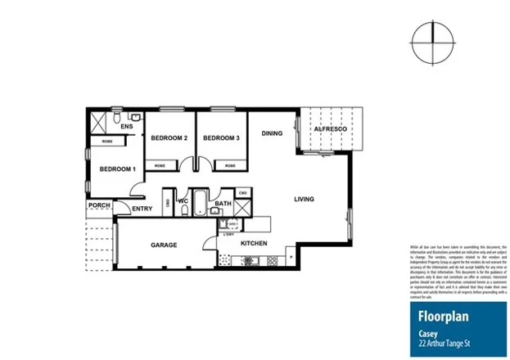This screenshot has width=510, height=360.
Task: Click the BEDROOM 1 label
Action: (x=117, y=169)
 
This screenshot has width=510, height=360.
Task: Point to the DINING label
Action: (x=273, y=133)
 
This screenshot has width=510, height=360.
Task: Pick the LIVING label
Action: (x=305, y=199)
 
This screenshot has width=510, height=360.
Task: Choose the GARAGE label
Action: (x=165, y=245)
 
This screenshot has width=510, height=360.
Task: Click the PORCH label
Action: (x=99, y=205)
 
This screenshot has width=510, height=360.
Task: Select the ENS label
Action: (x=127, y=128)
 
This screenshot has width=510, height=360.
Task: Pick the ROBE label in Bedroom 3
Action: (x=230, y=165)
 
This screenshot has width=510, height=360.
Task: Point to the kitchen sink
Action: (x=251, y=261)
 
